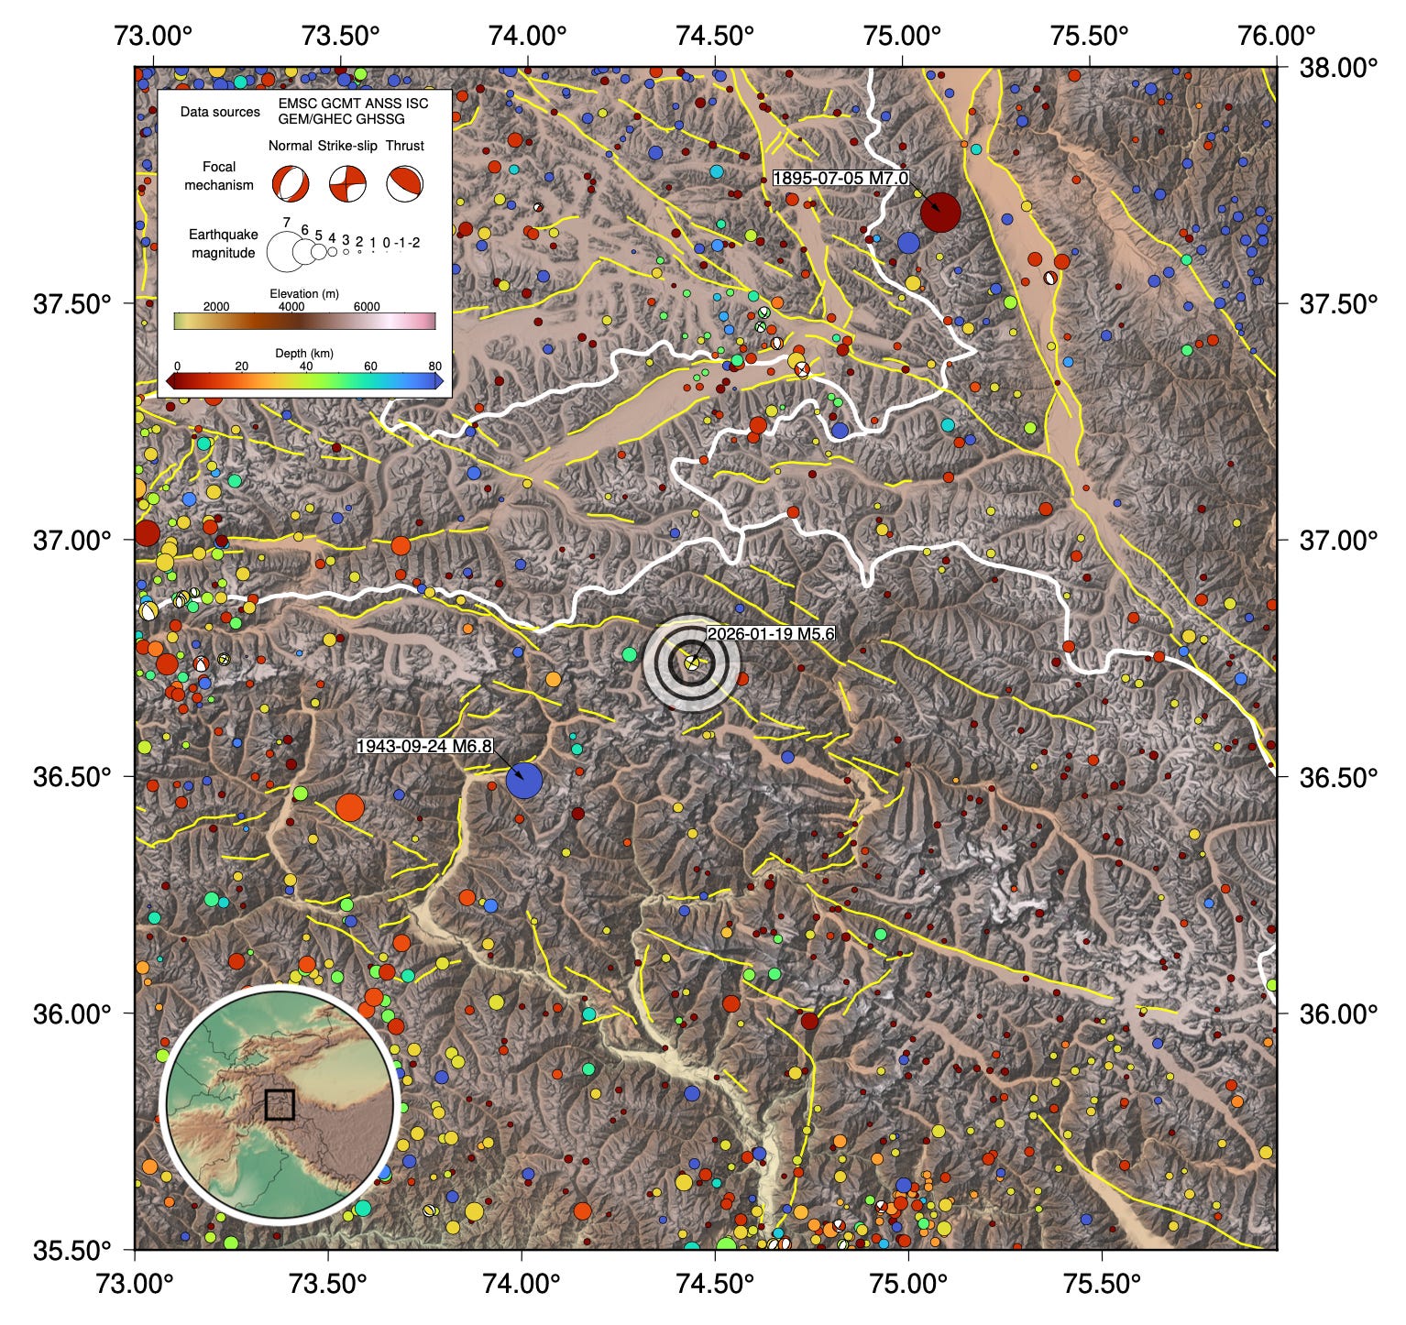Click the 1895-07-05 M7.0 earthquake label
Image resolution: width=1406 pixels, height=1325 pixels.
[x=840, y=179]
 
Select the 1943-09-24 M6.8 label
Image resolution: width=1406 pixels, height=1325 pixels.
[x=424, y=746]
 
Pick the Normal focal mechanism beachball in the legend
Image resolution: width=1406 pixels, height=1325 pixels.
[x=290, y=184]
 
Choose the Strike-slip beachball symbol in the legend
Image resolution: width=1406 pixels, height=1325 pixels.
[x=348, y=184]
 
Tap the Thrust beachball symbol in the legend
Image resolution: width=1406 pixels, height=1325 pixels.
[x=404, y=184]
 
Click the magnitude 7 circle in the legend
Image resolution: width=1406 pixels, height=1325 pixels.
[x=285, y=250]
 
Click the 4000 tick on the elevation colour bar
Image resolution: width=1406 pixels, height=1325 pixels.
[x=291, y=307]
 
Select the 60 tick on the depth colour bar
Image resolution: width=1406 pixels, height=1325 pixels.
[x=370, y=367]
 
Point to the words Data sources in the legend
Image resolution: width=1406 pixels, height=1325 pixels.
[x=220, y=113]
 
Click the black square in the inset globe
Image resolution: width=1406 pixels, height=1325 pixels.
[x=280, y=1104]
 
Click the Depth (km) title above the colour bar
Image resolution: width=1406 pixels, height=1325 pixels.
[x=304, y=353]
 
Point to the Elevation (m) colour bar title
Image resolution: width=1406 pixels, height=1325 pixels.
[x=304, y=293]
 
